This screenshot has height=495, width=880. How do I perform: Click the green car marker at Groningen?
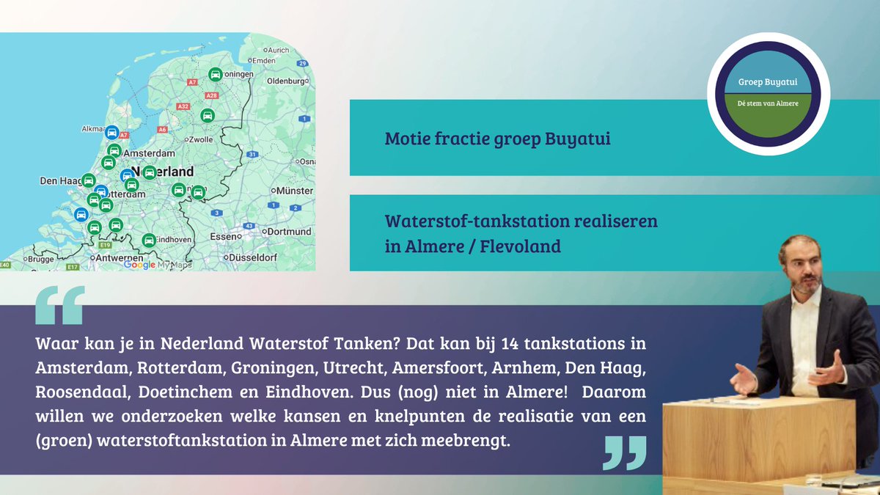(x=215, y=74)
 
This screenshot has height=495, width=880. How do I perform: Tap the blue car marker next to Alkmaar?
(x=111, y=131)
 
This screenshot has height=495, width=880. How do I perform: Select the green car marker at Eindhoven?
(x=149, y=240)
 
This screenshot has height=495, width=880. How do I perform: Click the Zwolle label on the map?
(x=200, y=139)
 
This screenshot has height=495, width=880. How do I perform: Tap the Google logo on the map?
(x=139, y=265)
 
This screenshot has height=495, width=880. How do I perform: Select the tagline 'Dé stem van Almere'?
(x=768, y=103)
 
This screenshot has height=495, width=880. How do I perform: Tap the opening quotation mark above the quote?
(x=59, y=305)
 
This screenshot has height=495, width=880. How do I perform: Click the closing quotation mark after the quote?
(x=624, y=452)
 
